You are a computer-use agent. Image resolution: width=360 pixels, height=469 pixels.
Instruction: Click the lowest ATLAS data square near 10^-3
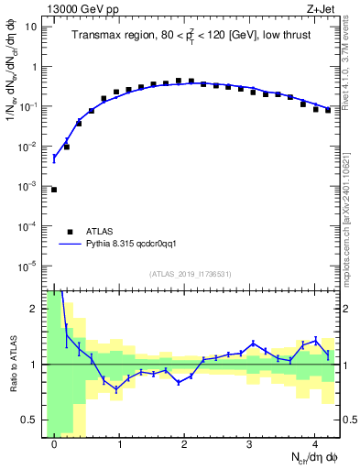pyautogui.click(x=54, y=190)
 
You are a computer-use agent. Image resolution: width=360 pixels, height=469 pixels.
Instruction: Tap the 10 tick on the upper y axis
pyautogui.click(x=33, y=27)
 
